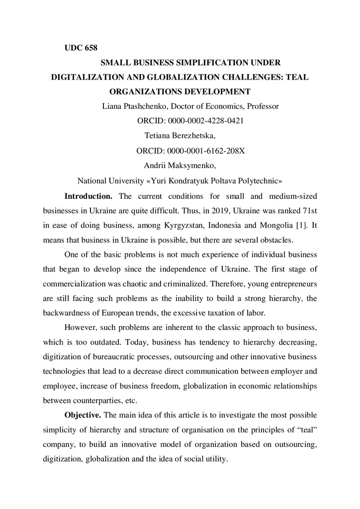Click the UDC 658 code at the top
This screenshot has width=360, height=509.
click(x=81, y=48)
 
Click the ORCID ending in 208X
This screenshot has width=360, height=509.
click(x=190, y=150)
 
